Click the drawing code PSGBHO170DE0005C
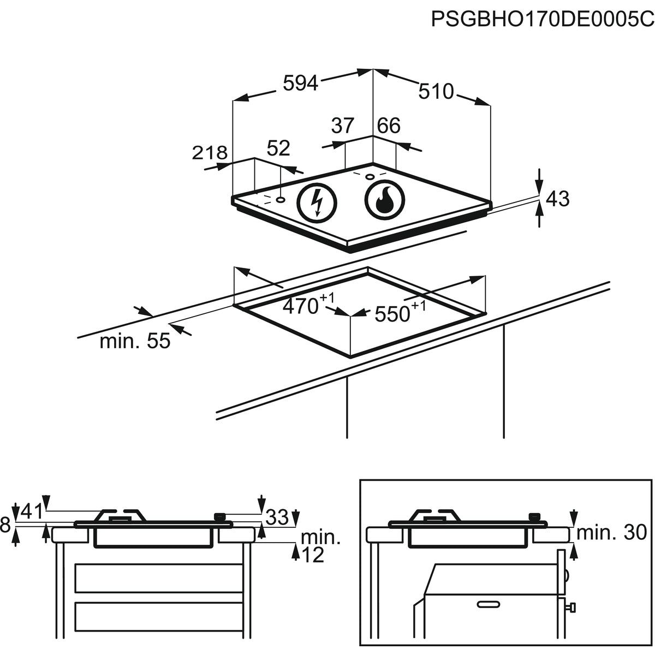543,19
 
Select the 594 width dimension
300,83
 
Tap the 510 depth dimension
436,91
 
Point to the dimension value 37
343,126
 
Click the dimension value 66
389,126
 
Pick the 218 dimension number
209,153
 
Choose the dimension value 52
278,148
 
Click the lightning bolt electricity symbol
317,202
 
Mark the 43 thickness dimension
557,199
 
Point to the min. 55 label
135,342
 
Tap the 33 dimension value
277,516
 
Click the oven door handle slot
488,604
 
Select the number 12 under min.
312,555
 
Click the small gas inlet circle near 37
370,176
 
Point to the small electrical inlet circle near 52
281,199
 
